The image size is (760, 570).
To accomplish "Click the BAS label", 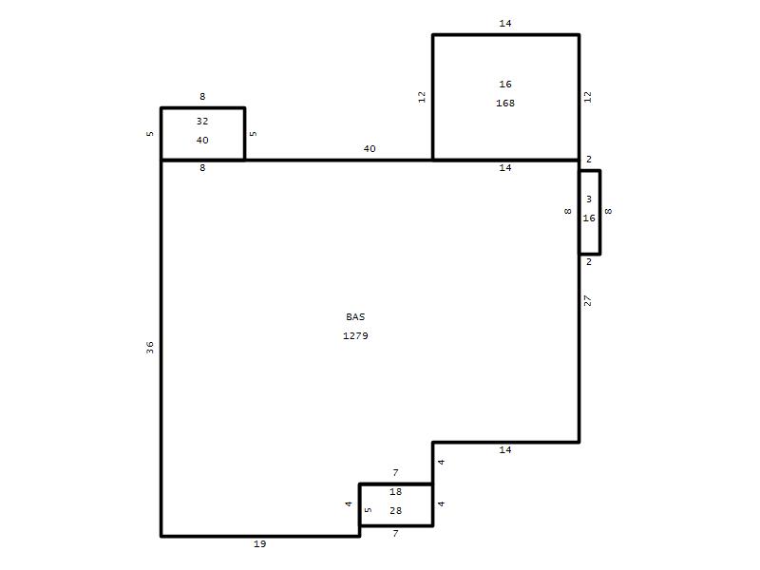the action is [355, 316].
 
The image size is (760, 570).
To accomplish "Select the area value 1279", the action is [355, 335].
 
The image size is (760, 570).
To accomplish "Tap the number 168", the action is [505, 103].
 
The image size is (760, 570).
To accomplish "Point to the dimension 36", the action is [150, 347].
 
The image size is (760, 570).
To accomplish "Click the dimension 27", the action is [587, 301].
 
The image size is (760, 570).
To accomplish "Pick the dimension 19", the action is [259, 543].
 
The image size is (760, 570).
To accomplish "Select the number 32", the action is [202, 122].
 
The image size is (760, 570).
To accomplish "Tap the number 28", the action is [395, 510].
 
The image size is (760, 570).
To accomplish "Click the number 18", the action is [395, 491].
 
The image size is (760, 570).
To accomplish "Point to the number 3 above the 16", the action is [589, 199].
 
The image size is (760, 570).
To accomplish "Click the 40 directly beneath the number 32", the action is [202, 140].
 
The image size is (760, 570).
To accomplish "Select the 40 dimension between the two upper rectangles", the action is [370, 149].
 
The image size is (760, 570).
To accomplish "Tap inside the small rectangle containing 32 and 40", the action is [202, 134].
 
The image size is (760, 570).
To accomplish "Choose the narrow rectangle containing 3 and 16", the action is [590, 212].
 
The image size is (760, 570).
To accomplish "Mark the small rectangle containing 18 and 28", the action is [396, 504].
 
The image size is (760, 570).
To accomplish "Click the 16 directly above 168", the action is [505, 84].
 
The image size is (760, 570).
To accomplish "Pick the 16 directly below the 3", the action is [589, 218].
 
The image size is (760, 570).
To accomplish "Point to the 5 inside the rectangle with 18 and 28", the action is [368, 510].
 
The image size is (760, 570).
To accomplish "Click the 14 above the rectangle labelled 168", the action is [505, 23].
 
